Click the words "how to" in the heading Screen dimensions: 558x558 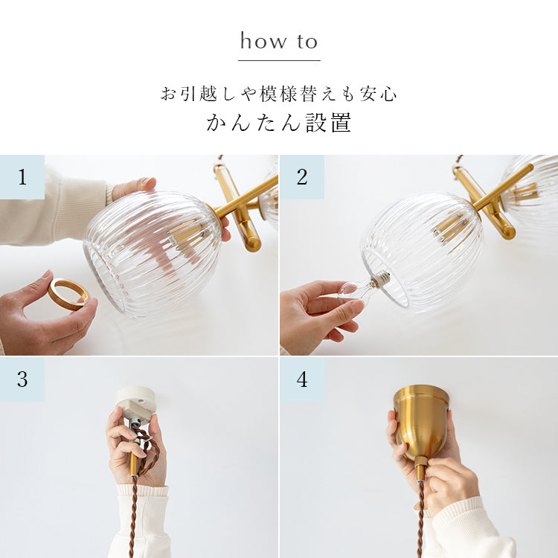coord(279,41)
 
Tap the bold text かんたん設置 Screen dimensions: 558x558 coord(279,123)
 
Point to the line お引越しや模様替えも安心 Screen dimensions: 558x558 coord(279,94)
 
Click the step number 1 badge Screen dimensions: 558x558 coord(22,177)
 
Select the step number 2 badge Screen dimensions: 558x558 coord(302,177)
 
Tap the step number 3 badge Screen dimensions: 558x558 coord(22,379)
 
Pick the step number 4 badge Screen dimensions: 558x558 coord(302,379)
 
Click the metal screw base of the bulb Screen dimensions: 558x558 coord(380,279)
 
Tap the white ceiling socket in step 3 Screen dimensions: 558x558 coord(135,405)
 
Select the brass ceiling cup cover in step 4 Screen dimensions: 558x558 coord(421,420)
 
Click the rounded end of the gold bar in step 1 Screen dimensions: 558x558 coord(254,243)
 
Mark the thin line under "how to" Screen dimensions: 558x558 coord(279,60)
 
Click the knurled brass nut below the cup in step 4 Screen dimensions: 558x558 coord(421,463)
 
